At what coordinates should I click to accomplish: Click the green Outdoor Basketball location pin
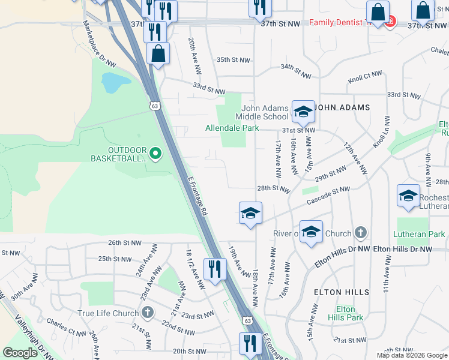[155, 154]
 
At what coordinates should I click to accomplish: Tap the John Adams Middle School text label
[262, 112]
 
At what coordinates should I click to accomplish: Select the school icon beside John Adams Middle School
[303, 111]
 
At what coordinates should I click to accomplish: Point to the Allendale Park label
[232, 128]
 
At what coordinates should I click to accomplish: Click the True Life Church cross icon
[148, 313]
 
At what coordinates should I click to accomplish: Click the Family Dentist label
[336, 23]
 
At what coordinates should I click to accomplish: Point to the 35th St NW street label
[233, 60]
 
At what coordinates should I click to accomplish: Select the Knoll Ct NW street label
[365, 77]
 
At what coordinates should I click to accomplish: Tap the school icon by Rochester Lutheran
[408, 196]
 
